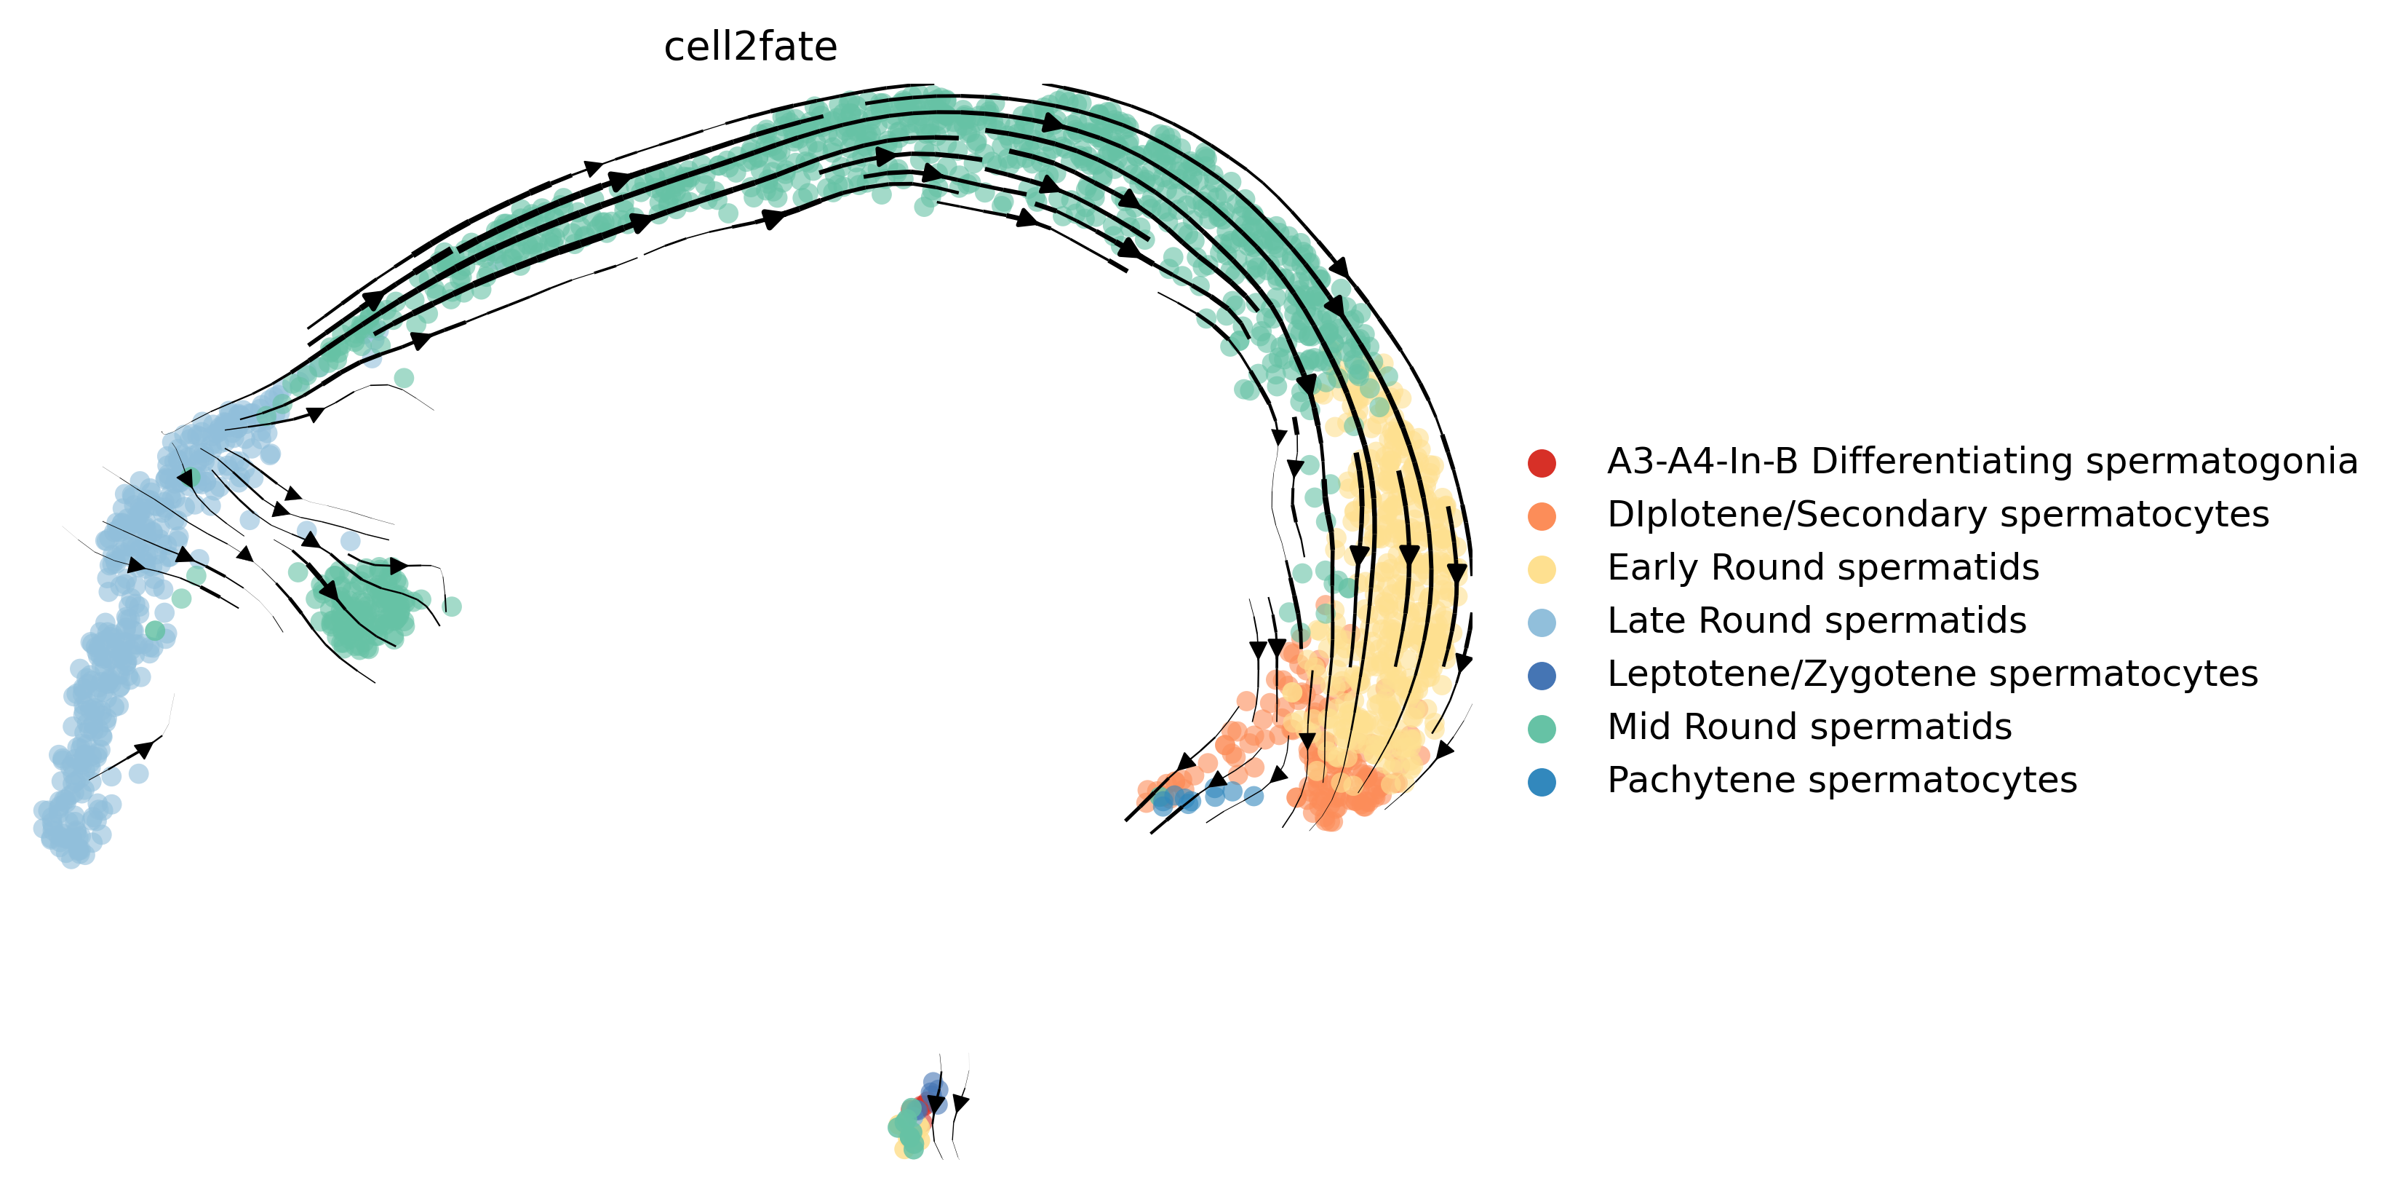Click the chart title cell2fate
tap(750, 47)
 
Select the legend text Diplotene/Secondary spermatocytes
tap(1937, 514)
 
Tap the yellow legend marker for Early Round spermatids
tap(1542, 569)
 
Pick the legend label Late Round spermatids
tap(1816, 620)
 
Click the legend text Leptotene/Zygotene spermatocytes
tap(1932, 673)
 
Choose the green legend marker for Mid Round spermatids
tap(1542, 729)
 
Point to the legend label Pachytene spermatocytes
tap(1841, 781)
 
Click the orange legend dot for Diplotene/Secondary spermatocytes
tap(1542, 516)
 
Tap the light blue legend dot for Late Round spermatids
tap(1542, 623)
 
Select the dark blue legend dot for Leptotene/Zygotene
tap(1542, 676)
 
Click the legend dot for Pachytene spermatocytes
tap(1542, 782)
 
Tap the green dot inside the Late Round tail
tap(155, 631)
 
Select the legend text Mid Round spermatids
tap(1809, 727)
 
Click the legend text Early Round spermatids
tap(1822, 567)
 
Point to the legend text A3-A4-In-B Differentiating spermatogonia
tap(1981, 461)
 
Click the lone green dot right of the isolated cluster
tap(452, 607)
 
